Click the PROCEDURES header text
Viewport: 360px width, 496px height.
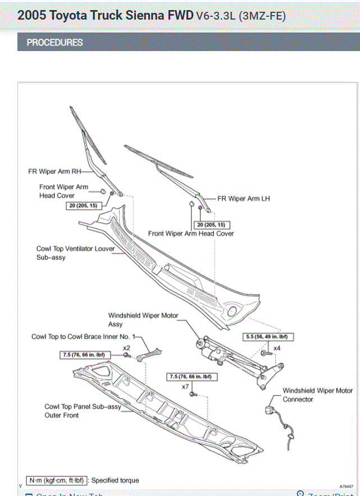[x=54, y=43]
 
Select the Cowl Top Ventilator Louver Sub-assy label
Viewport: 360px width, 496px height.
[x=76, y=252]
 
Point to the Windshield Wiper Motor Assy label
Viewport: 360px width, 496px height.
[x=143, y=320]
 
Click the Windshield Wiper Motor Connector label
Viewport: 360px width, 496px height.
[x=317, y=395]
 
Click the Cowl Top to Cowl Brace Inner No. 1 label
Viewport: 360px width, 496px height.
[x=84, y=337]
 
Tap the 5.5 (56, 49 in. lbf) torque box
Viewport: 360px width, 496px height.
[x=269, y=337]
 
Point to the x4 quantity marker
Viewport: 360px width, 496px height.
[x=277, y=348]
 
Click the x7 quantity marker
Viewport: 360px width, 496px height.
[x=185, y=387]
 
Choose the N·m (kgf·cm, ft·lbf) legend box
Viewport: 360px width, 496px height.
[x=56, y=480]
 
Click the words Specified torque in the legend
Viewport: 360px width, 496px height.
[x=115, y=480]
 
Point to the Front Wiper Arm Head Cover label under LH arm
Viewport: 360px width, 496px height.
[x=191, y=233]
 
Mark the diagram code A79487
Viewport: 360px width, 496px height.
[x=347, y=486]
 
